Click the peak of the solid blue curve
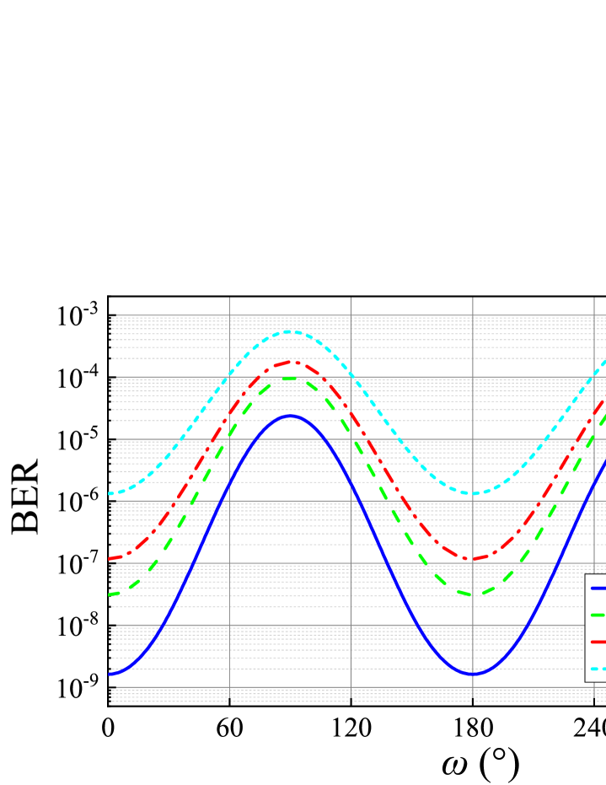click(290, 416)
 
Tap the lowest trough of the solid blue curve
click(473, 674)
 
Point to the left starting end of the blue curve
click(110, 674)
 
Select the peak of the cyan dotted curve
click(290, 331)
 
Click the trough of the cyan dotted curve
click(472, 493)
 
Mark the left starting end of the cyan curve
click(110, 493)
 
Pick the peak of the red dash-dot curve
click(290, 362)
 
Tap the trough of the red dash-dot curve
click(473, 559)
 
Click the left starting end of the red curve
click(110, 559)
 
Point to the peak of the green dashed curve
click(290, 379)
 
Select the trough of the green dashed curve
click(473, 594)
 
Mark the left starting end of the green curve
click(110, 594)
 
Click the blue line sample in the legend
click(598, 588)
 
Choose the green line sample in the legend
click(598, 615)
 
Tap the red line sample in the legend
click(598, 642)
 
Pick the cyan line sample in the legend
click(598, 669)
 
